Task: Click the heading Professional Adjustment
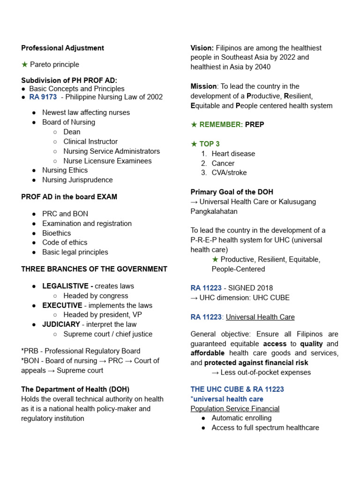pos(63,48)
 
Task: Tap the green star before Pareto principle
pos(25,64)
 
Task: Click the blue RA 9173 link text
pos(43,97)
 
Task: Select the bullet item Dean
pos(72,132)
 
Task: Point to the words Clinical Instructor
pos(90,142)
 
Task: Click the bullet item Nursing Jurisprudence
pos(77,180)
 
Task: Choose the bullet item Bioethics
pos(57,233)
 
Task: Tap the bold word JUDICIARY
pos(61,324)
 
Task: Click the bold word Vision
pos(202,48)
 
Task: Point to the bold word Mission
pos(203,86)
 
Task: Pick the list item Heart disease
pos(233,154)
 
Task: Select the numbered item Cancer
pos(223,163)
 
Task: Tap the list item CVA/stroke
pos(229,172)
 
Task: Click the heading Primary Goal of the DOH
pos(232,192)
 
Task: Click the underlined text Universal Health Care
pos(260,317)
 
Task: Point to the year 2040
pos(261,67)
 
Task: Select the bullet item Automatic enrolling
pos(241,418)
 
